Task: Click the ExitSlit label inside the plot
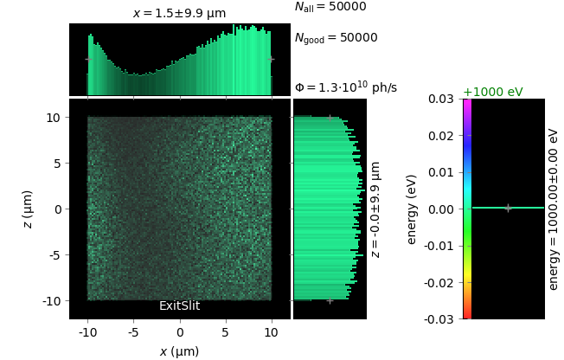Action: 179,306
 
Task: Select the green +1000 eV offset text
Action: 492,92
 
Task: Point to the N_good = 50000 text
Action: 336,38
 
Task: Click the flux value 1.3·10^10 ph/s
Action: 346,87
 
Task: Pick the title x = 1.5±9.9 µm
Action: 179,14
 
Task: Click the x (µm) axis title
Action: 179,350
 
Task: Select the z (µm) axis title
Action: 28,209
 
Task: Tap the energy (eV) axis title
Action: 412,209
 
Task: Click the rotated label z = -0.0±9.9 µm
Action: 375,209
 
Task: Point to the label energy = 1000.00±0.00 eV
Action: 554,209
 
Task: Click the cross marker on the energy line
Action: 508,208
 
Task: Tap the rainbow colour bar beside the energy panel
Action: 467,209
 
